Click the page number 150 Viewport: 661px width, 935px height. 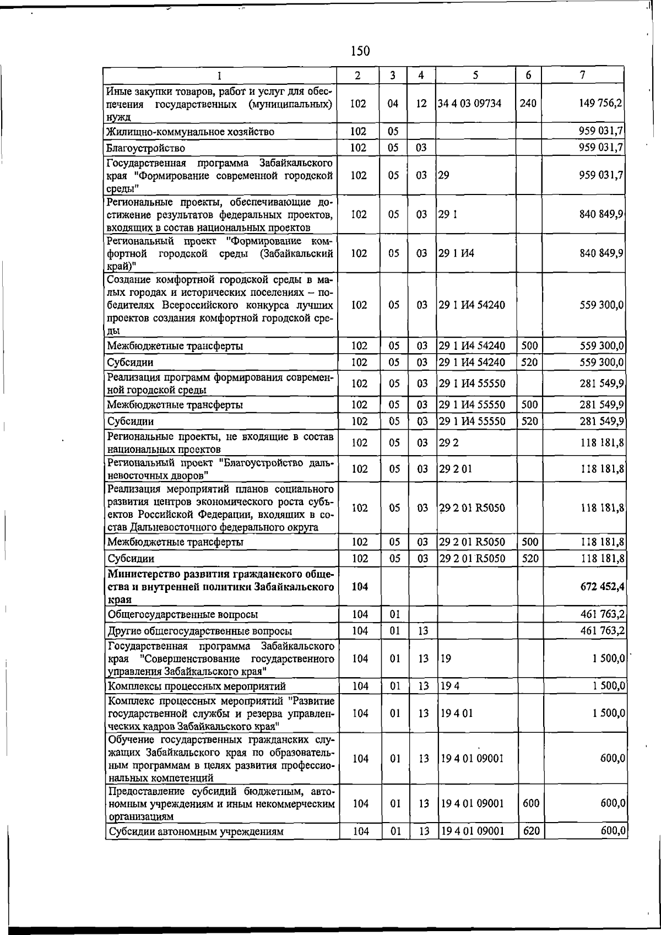click(x=360, y=52)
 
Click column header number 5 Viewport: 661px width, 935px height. click(x=475, y=75)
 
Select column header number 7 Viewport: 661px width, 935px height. click(x=582, y=75)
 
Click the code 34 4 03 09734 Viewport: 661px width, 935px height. click(x=469, y=103)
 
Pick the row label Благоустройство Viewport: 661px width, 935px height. click(x=146, y=148)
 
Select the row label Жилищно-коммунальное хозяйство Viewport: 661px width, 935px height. click(x=190, y=132)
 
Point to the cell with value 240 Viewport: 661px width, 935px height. click(x=528, y=103)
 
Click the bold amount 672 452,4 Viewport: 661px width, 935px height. click(x=602, y=587)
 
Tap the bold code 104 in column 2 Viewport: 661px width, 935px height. click(x=360, y=587)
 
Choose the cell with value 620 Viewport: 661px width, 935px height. click(x=531, y=830)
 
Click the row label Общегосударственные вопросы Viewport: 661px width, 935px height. click(x=182, y=614)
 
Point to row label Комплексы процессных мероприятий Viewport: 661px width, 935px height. click(x=197, y=687)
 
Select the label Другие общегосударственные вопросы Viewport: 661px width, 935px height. click(x=199, y=631)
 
